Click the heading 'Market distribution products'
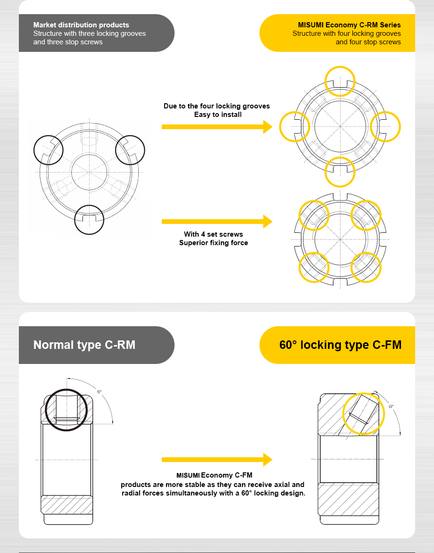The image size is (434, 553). coord(81,25)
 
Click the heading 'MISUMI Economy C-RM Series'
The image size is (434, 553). coord(349,25)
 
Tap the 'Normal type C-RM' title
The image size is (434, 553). coord(84,345)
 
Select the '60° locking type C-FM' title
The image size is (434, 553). coord(341,345)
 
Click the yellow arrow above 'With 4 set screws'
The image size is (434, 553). coord(217,222)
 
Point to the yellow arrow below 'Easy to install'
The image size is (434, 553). coord(217,127)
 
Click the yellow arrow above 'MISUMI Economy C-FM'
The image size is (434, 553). coord(217,460)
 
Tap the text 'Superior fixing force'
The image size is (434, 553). coord(214,243)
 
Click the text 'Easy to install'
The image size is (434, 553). coord(217,115)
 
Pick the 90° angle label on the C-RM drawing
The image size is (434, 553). coord(99,392)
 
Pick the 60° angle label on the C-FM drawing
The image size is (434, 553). coord(391,406)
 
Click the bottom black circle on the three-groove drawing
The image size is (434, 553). coord(89,205)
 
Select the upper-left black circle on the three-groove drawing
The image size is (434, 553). coord(48,135)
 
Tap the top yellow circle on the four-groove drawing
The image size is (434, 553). coord(340,66)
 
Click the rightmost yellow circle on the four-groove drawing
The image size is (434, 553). coord(400,127)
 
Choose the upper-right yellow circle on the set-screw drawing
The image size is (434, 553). coord(366,200)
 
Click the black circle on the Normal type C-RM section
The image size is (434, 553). coord(67,389)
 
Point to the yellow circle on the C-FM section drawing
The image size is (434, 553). coord(363,393)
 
